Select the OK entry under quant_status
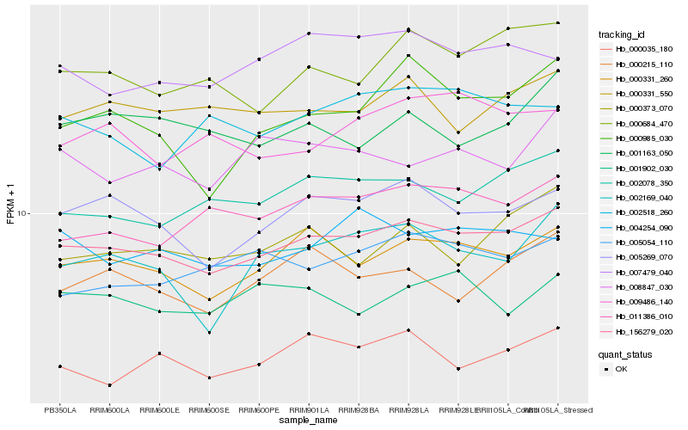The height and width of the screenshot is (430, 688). pyautogui.click(x=621, y=368)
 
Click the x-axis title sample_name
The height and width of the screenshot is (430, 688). pyautogui.click(x=310, y=421)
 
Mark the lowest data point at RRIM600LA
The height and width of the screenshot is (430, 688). pyautogui.click(x=109, y=385)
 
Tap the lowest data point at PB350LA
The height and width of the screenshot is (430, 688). pyautogui.click(x=59, y=366)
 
